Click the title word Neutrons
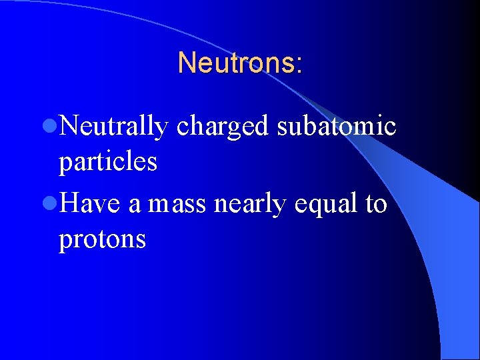point(235,63)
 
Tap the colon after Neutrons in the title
point(299,65)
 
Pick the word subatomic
point(337,125)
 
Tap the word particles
point(108,161)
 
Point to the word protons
point(102,239)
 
